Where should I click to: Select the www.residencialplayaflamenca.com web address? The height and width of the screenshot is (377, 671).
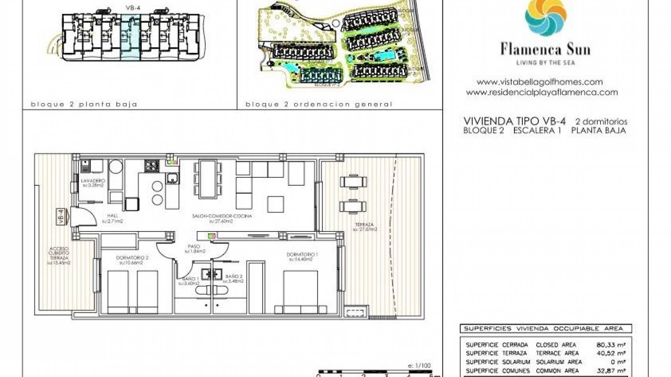pos(542,93)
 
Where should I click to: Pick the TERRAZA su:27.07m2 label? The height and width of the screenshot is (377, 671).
pos(365,227)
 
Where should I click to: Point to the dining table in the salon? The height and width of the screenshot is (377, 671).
pos(208,179)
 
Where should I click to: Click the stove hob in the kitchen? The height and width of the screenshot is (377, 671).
pos(152,166)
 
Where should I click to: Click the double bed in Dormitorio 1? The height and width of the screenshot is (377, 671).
pos(301,293)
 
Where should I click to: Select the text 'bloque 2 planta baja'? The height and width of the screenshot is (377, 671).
pos(84,104)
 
